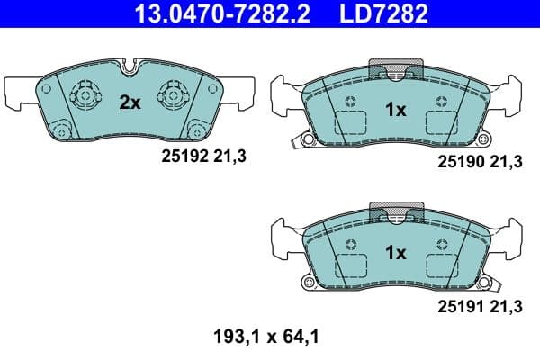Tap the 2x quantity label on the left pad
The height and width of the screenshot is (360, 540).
tap(130, 103)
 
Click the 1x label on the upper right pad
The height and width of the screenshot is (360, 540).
tap(396, 111)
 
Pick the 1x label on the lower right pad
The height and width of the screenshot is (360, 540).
tap(396, 253)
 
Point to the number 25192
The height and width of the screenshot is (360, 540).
tap(179, 156)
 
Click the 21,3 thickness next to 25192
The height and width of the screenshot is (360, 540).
tap(231, 156)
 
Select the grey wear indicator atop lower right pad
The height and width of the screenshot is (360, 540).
tap(396, 212)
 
